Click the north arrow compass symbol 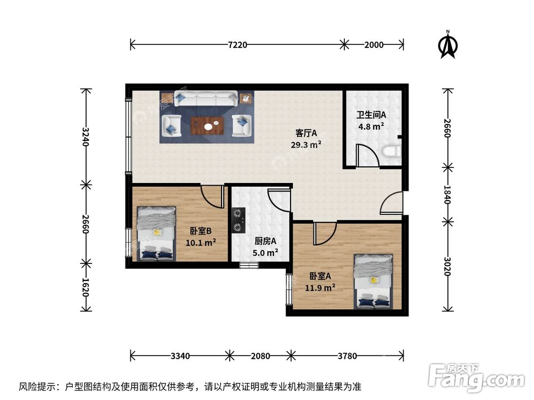pyautogui.click(x=447, y=45)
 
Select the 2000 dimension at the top pyautogui.click(x=373, y=45)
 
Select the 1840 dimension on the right pyautogui.click(x=448, y=194)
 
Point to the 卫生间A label pyautogui.click(x=371, y=115)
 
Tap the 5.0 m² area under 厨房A pyautogui.click(x=265, y=252)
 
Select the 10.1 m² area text pyautogui.click(x=200, y=243)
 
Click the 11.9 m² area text pyautogui.click(x=320, y=287)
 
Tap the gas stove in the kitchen pyautogui.click(x=238, y=220)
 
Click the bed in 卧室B pyautogui.click(x=156, y=234)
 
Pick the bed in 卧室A pyautogui.click(x=373, y=281)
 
